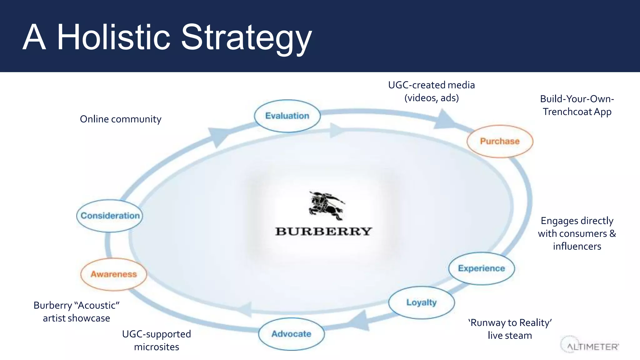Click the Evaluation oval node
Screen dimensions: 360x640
(x=287, y=116)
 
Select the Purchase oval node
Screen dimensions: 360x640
(x=500, y=141)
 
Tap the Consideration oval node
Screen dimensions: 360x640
(x=110, y=216)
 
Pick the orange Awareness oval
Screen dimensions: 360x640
(x=114, y=274)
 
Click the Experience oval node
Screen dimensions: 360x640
(x=481, y=268)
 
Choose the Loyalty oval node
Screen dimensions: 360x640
(x=421, y=302)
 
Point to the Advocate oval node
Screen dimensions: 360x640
(x=291, y=334)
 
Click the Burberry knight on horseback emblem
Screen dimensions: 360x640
(x=326, y=206)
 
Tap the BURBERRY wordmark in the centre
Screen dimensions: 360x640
(x=323, y=232)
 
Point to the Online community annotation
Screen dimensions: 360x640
(x=121, y=119)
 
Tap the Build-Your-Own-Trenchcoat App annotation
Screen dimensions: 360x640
(x=577, y=105)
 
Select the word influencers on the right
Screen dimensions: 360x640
(x=577, y=247)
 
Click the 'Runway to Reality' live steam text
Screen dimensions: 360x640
(x=510, y=329)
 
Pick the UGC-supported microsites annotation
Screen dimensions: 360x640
(x=156, y=340)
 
